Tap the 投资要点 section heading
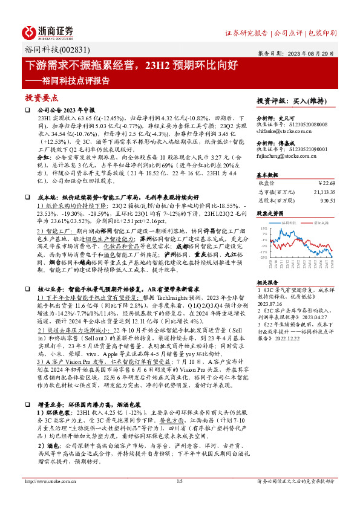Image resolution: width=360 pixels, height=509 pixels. [41, 97]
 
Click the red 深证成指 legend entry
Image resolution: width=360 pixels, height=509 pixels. [313, 222]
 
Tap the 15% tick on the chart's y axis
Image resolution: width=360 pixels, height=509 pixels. [263, 229]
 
